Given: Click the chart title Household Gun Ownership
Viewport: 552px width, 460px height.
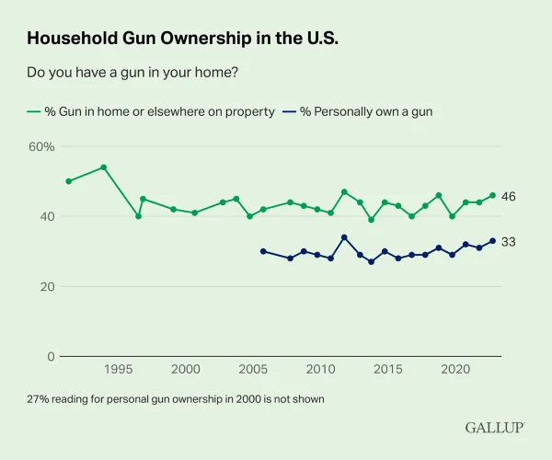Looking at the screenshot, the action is click(x=182, y=38).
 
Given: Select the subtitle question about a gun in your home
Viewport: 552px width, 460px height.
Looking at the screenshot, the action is click(x=132, y=72).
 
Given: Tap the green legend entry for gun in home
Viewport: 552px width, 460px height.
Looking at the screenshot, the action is click(x=151, y=111).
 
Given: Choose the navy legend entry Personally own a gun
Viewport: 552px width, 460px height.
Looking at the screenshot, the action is click(x=358, y=111).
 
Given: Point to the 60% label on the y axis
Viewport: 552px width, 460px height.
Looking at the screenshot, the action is click(x=41, y=146).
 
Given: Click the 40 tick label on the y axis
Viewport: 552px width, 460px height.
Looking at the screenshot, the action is click(x=47, y=216).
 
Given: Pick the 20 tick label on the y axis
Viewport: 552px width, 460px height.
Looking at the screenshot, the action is click(x=47, y=287).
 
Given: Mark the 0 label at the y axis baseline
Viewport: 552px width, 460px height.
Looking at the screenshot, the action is click(x=51, y=357).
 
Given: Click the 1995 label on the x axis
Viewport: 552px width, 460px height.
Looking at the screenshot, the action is click(x=119, y=369).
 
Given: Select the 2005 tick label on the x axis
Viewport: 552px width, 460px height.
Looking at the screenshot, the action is click(x=253, y=369).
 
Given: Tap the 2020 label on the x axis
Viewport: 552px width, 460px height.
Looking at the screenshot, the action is click(x=455, y=369).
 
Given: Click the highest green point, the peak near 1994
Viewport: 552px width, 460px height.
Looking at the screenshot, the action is click(x=103, y=167).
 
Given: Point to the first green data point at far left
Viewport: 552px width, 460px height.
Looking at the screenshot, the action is click(x=69, y=181).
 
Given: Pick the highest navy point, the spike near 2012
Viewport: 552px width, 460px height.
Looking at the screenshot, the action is click(x=344, y=237).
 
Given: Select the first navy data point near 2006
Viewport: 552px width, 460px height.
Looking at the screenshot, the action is click(x=263, y=251).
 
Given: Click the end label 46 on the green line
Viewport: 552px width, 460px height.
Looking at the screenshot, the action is click(x=509, y=196).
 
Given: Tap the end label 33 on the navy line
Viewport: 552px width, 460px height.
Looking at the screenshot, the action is click(x=509, y=242).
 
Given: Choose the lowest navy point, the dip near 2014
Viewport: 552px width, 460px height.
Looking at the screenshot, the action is click(x=371, y=262).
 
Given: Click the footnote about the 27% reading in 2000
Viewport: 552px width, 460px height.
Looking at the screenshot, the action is click(x=176, y=399).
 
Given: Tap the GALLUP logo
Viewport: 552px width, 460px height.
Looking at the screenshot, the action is click(x=495, y=428).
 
